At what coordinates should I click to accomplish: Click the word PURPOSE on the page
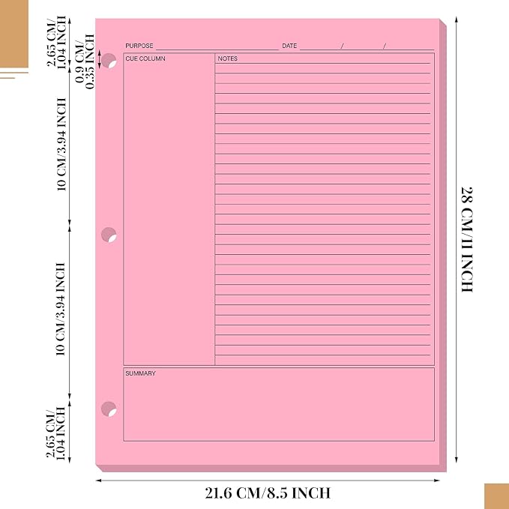pos(139,46)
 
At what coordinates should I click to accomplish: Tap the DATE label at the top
pos(289,46)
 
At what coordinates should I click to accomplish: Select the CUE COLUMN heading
pos(145,58)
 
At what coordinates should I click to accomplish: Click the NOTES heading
pos(228,58)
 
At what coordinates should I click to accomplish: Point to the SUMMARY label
pos(141,373)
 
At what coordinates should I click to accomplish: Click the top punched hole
pos(109,61)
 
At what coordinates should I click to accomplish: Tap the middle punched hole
pos(109,235)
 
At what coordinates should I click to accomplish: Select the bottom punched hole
pos(109,409)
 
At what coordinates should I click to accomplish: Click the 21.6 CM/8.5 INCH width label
pos(268,493)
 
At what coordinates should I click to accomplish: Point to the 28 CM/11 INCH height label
pos(467,240)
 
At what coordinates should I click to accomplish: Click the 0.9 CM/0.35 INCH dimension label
pos(85,61)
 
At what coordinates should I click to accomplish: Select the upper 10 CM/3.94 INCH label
pos(61,145)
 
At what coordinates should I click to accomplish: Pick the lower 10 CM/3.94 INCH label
pos(61,309)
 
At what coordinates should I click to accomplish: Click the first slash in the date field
pos(342,46)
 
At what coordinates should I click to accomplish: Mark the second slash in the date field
pos(385,46)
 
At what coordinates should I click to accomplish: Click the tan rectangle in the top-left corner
pos(14,34)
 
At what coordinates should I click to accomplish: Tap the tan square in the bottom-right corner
pos(497,496)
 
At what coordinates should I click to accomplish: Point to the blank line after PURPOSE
pos(217,49)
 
